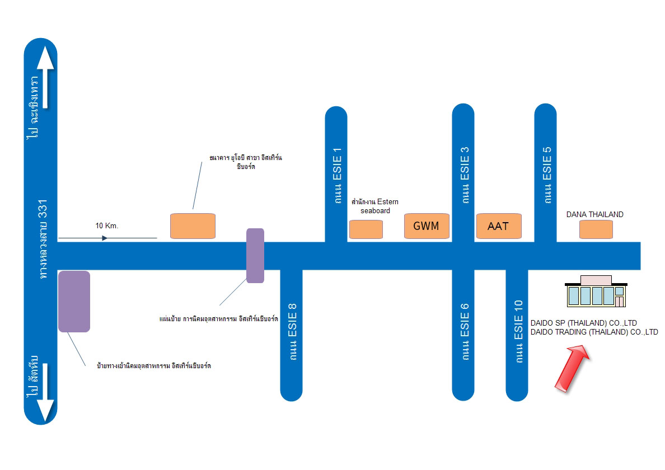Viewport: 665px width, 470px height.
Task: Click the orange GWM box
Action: point(427,226)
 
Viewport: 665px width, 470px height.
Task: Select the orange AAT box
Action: point(499,226)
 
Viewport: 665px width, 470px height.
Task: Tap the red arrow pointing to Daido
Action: point(572,368)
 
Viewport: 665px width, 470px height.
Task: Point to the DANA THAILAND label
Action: point(594,214)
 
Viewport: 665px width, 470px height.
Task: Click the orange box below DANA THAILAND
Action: point(596,230)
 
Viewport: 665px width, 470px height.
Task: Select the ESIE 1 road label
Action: point(337,176)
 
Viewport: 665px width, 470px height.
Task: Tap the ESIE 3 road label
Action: point(465,175)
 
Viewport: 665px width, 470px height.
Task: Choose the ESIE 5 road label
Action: point(547,175)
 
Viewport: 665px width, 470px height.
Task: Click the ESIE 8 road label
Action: point(292,332)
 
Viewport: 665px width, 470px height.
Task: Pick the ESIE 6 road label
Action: point(465,332)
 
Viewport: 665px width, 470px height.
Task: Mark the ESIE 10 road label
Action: point(518,331)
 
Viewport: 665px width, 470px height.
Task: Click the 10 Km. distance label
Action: point(107,226)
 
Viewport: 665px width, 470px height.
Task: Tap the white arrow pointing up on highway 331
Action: point(45,77)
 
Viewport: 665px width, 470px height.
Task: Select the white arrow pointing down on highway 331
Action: point(45,392)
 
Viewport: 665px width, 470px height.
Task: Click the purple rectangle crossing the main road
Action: point(255,256)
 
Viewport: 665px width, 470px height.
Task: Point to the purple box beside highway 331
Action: point(74,302)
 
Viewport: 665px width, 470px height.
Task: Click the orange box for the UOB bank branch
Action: point(193,226)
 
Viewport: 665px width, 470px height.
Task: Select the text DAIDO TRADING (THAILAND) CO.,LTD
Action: point(594,332)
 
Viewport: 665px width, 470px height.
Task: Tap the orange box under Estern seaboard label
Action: point(366,230)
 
